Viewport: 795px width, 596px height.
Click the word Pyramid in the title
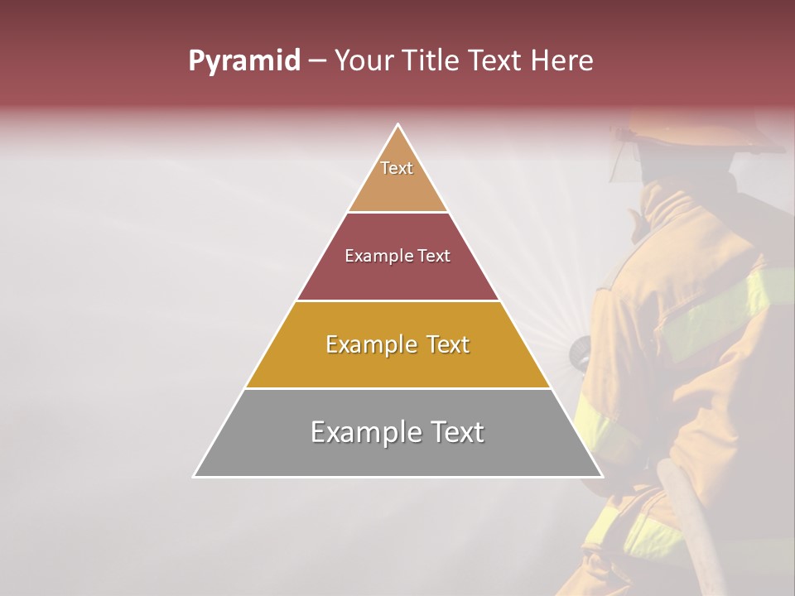[x=244, y=61]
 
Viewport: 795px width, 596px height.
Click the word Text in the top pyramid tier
[x=397, y=168]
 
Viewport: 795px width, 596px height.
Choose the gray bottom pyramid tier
[x=397, y=455]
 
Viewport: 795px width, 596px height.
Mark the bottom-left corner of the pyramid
[x=195, y=476]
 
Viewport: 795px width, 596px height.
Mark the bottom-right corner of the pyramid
[x=601, y=476]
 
